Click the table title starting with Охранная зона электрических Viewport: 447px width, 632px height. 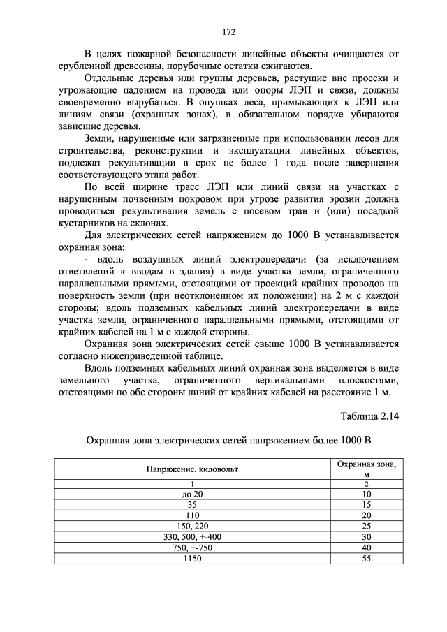227,441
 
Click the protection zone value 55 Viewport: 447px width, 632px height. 366,559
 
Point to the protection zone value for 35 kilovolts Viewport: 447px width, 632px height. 366,504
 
